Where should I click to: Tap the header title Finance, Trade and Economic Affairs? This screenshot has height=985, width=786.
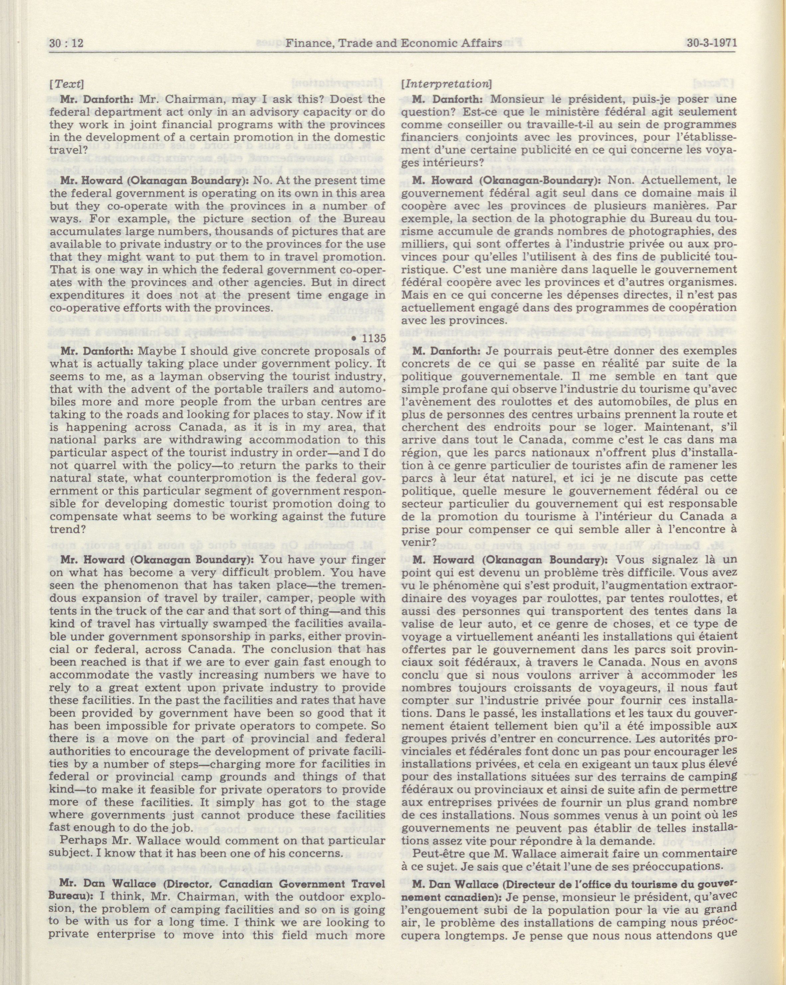(x=393, y=43)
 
